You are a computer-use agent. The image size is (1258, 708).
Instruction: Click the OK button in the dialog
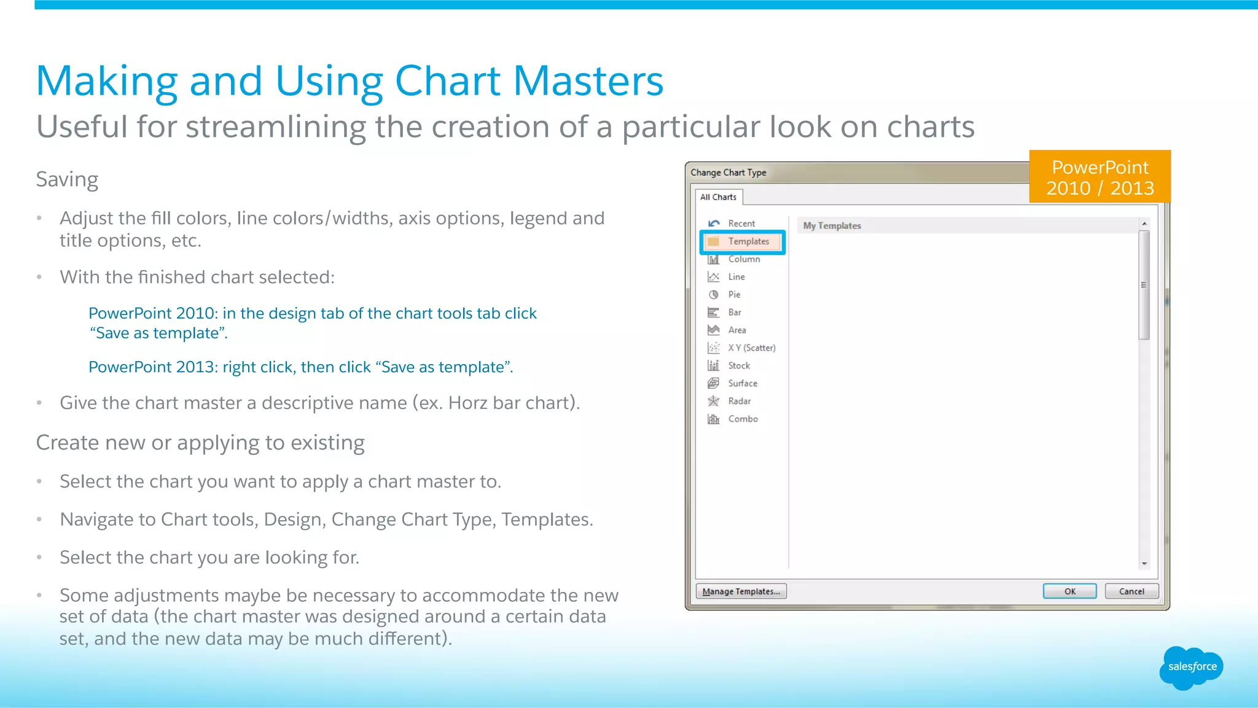coord(1069,591)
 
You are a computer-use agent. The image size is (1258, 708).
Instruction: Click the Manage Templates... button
coord(741,591)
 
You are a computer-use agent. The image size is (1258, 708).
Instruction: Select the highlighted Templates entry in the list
coord(743,241)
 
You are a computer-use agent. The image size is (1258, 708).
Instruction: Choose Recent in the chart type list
coord(741,224)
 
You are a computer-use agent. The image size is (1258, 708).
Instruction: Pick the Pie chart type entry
coord(734,295)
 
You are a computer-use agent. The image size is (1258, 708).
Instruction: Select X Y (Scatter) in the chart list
coord(751,348)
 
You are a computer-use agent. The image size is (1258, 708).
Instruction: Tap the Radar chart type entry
coord(739,401)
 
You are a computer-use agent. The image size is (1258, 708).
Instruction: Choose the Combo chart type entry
coord(743,419)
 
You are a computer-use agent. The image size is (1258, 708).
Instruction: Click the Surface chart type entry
coord(742,383)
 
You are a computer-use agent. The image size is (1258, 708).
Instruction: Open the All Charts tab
coord(718,197)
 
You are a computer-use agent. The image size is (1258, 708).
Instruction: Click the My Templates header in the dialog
coord(832,226)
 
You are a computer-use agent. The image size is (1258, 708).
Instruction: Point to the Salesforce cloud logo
coord(1192,667)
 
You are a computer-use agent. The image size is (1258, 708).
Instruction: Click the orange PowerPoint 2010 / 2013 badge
coord(1100,177)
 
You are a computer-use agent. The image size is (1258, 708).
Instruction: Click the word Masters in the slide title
coord(588,81)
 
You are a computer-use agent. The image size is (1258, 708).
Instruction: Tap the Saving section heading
coord(67,179)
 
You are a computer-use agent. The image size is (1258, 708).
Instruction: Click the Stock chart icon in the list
coord(713,365)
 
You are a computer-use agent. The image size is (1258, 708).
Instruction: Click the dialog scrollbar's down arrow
coord(1144,564)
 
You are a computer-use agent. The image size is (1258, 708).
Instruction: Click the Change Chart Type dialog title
coord(728,173)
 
